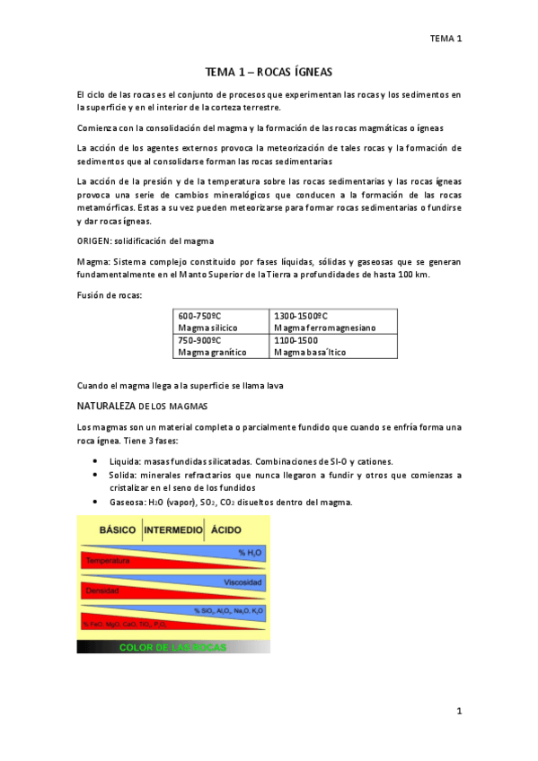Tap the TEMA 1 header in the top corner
[445, 39]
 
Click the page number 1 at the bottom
[458, 712]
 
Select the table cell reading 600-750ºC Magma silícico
[222, 322]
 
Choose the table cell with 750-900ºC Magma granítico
[222, 346]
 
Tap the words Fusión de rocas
[110, 294]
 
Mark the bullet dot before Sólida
[96, 474]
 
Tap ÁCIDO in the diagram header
[225, 530]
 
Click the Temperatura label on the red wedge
[104, 561]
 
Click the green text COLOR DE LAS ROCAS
[173, 647]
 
